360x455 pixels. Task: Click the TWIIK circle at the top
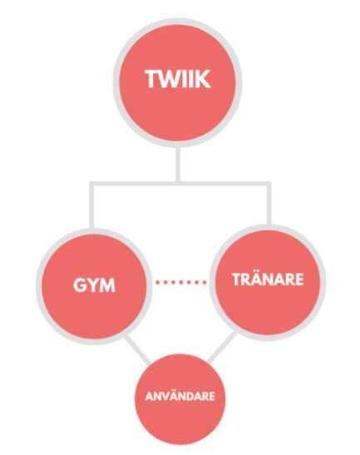tap(178, 82)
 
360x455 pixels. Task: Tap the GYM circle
tap(94, 286)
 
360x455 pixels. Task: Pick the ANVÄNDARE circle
tap(180, 399)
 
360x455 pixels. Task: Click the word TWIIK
tap(178, 79)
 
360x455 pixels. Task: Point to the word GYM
tap(94, 285)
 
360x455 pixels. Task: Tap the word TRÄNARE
tap(268, 279)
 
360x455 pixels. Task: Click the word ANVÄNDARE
tap(180, 397)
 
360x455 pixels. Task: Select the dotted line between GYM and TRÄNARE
tap(181, 282)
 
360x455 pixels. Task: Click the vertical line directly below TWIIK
tap(178, 164)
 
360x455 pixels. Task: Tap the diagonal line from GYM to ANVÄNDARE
tap(138, 350)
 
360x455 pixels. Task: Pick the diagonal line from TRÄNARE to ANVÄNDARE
tap(222, 348)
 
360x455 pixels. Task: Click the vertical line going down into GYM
tap(92, 206)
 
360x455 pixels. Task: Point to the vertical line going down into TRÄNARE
tap(269, 204)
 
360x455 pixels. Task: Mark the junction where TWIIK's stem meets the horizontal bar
tap(178, 184)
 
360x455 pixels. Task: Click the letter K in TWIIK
tap(204, 79)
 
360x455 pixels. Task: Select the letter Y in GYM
tap(92, 285)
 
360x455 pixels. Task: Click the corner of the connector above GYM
tap(92, 184)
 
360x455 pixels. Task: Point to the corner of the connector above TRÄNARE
tap(269, 184)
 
